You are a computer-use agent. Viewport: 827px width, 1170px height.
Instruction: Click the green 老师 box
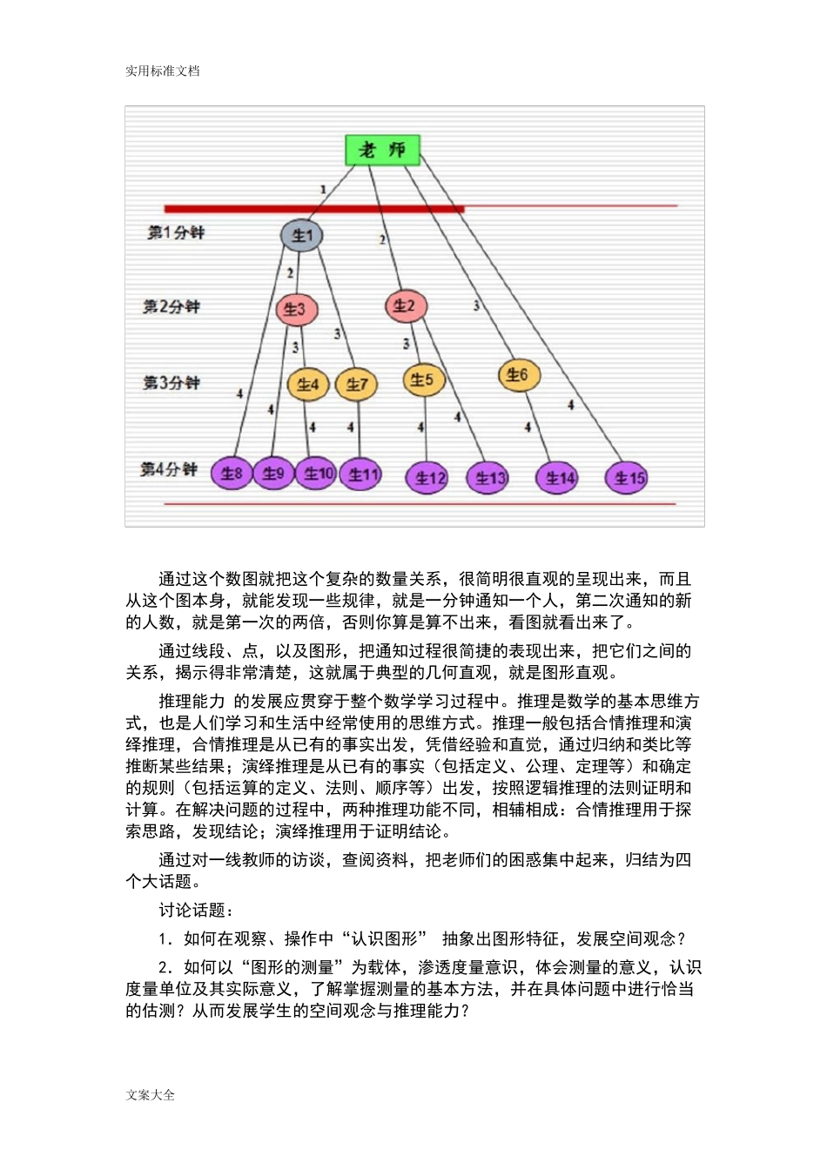click(383, 150)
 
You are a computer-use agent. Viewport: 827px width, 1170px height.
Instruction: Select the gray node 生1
click(301, 235)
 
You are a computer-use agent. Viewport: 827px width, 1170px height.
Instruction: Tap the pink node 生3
click(296, 309)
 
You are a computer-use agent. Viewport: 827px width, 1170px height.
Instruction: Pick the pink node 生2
click(405, 306)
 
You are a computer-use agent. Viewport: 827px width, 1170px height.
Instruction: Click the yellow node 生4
click(307, 384)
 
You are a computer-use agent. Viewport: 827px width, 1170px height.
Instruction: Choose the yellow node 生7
click(357, 384)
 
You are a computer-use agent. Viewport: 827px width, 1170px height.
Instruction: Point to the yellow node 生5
click(423, 380)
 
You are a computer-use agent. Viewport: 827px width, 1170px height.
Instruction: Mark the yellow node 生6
click(518, 375)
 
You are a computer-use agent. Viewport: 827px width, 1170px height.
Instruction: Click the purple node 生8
click(232, 473)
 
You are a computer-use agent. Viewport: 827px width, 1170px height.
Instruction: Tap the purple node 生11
click(362, 474)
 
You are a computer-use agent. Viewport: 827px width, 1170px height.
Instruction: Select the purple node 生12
click(427, 477)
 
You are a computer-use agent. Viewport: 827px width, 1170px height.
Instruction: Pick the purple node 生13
click(489, 477)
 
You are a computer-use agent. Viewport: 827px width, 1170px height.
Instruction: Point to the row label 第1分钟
click(176, 232)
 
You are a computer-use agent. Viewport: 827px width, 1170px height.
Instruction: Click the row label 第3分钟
click(171, 382)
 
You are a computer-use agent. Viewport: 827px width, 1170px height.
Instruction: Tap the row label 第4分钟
click(169, 469)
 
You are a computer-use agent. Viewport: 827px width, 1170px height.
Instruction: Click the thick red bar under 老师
click(313, 209)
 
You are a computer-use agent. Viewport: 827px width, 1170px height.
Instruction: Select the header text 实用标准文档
click(163, 71)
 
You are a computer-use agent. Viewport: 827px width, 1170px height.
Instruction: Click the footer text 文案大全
click(151, 1094)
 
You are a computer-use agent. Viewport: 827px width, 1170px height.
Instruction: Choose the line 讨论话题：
click(196, 910)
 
